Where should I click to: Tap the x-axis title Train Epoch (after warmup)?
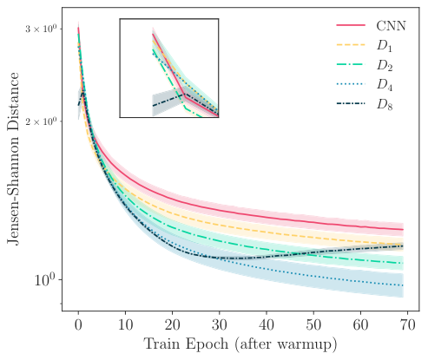(x=240, y=344)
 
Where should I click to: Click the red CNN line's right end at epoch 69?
(x=403, y=230)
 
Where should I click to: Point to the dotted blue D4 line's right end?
(x=403, y=285)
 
